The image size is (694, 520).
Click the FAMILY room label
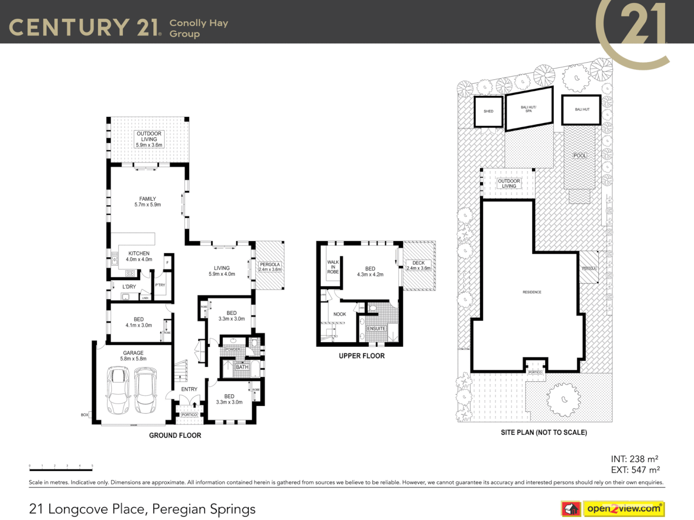click(147, 202)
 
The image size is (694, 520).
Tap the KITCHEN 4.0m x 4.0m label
click(139, 256)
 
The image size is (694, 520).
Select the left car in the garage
click(118, 390)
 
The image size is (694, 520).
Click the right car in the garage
click(146, 390)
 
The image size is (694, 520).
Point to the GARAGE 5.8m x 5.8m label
click(133, 356)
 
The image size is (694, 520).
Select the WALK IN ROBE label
click(333, 267)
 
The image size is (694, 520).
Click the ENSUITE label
click(376, 329)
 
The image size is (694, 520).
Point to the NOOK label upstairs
click(339, 314)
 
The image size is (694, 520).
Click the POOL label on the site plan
click(580, 156)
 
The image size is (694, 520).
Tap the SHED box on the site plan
click(488, 111)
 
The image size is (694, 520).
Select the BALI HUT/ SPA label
click(529, 109)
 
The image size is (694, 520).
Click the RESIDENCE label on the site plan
click(532, 292)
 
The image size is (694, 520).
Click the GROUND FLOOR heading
click(175, 435)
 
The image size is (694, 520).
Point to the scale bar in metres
click(61, 468)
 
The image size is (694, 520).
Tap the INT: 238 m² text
click(634, 459)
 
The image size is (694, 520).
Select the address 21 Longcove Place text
click(142, 509)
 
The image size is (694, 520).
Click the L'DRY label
click(129, 287)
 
